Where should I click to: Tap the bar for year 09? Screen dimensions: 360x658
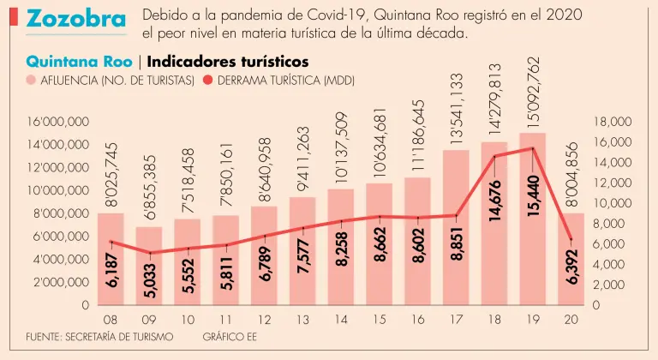point(148,266)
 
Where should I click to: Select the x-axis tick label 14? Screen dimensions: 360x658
point(341,320)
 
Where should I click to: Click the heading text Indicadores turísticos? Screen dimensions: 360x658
point(228,62)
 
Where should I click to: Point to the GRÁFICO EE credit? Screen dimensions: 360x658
point(229,336)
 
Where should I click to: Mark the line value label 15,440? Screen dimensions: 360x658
point(534,196)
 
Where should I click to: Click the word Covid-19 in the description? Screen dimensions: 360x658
point(330,15)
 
